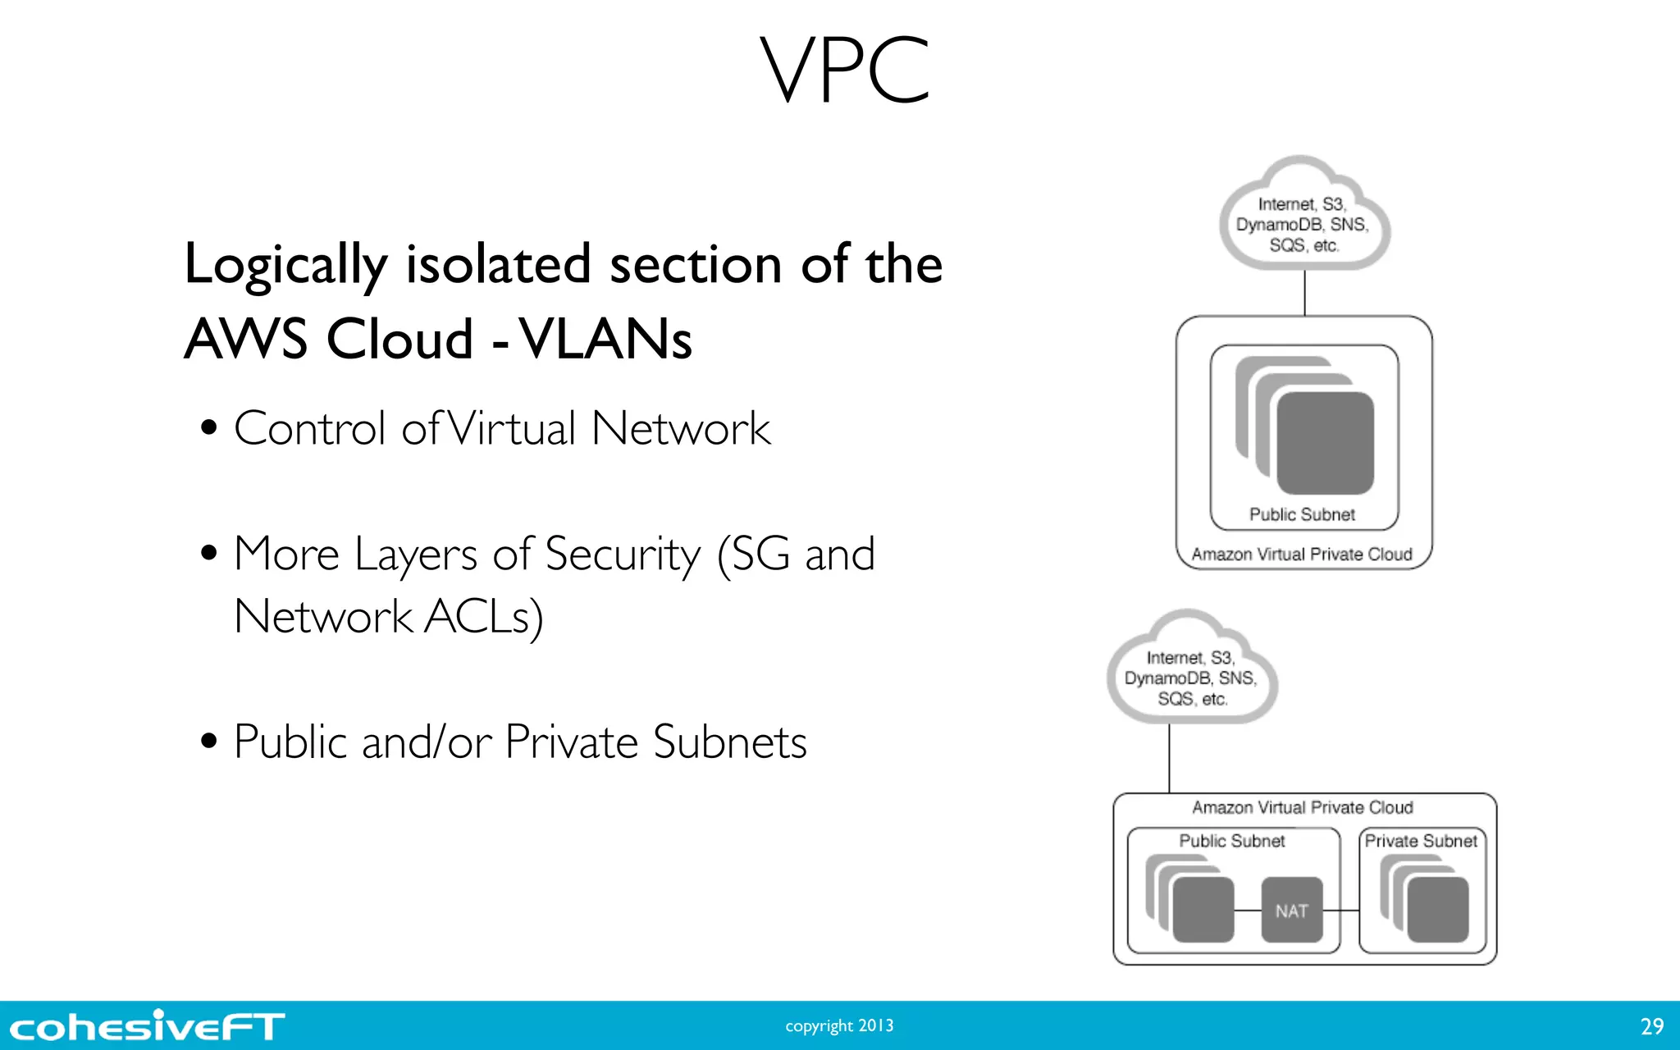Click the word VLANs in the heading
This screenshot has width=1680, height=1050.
click(x=607, y=339)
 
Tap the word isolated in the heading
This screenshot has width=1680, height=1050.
click(x=498, y=264)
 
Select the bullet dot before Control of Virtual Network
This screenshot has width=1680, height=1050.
click(x=209, y=427)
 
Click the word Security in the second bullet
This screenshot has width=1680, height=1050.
click(x=623, y=554)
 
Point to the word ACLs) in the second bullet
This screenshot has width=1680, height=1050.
click(x=483, y=617)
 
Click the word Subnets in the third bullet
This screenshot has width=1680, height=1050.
click(x=729, y=742)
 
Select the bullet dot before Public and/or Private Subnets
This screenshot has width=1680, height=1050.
click(x=209, y=742)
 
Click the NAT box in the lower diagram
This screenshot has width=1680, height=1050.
click(x=1291, y=910)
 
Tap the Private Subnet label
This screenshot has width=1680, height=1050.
click(x=1421, y=841)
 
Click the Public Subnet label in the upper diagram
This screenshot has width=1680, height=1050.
click(x=1302, y=514)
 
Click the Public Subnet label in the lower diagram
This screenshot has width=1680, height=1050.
click(x=1231, y=841)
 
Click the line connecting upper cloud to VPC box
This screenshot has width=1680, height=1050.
click(x=1304, y=293)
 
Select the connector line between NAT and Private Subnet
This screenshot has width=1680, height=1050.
click(x=1341, y=911)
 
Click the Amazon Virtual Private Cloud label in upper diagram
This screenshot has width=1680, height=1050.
click(x=1302, y=555)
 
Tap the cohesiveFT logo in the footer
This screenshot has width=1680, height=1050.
click(x=148, y=1026)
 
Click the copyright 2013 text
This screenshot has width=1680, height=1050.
click(x=839, y=1026)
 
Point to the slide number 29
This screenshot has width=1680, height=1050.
click(x=1651, y=1026)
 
